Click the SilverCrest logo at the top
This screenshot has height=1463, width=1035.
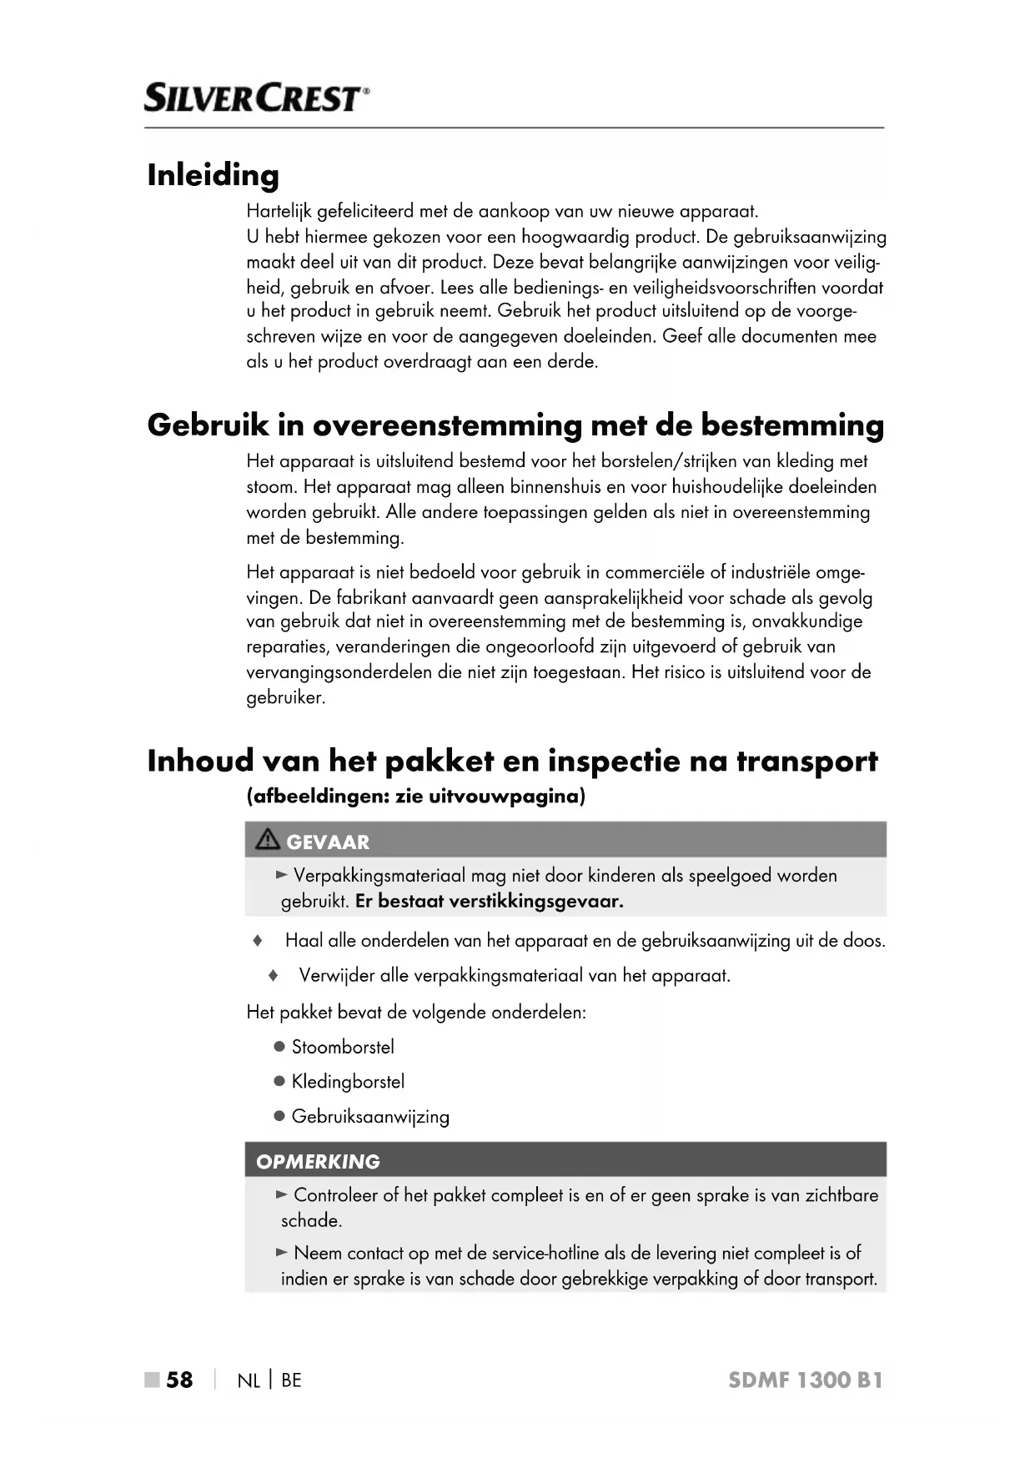pos(256,98)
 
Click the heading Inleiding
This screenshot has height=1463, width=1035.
pos(214,175)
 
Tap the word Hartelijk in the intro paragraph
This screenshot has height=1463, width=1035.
pos(274,212)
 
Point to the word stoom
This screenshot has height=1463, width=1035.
pos(270,487)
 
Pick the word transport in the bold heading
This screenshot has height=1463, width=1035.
pos(806,762)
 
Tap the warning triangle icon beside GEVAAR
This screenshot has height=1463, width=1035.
pos(268,841)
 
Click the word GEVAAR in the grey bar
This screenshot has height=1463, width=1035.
pos(328,842)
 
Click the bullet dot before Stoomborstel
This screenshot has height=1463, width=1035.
pos(279,1047)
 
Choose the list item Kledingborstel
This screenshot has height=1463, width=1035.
pos(348,1082)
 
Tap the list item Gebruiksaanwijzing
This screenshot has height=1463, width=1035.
pos(370,1117)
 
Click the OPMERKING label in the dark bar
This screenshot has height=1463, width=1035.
pos(318,1162)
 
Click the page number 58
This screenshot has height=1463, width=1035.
pos(179,1380)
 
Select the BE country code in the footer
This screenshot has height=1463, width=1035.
pos(291,1380)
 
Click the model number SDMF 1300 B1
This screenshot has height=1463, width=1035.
pos(805,1380)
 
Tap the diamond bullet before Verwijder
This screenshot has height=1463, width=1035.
pos(273,975)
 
